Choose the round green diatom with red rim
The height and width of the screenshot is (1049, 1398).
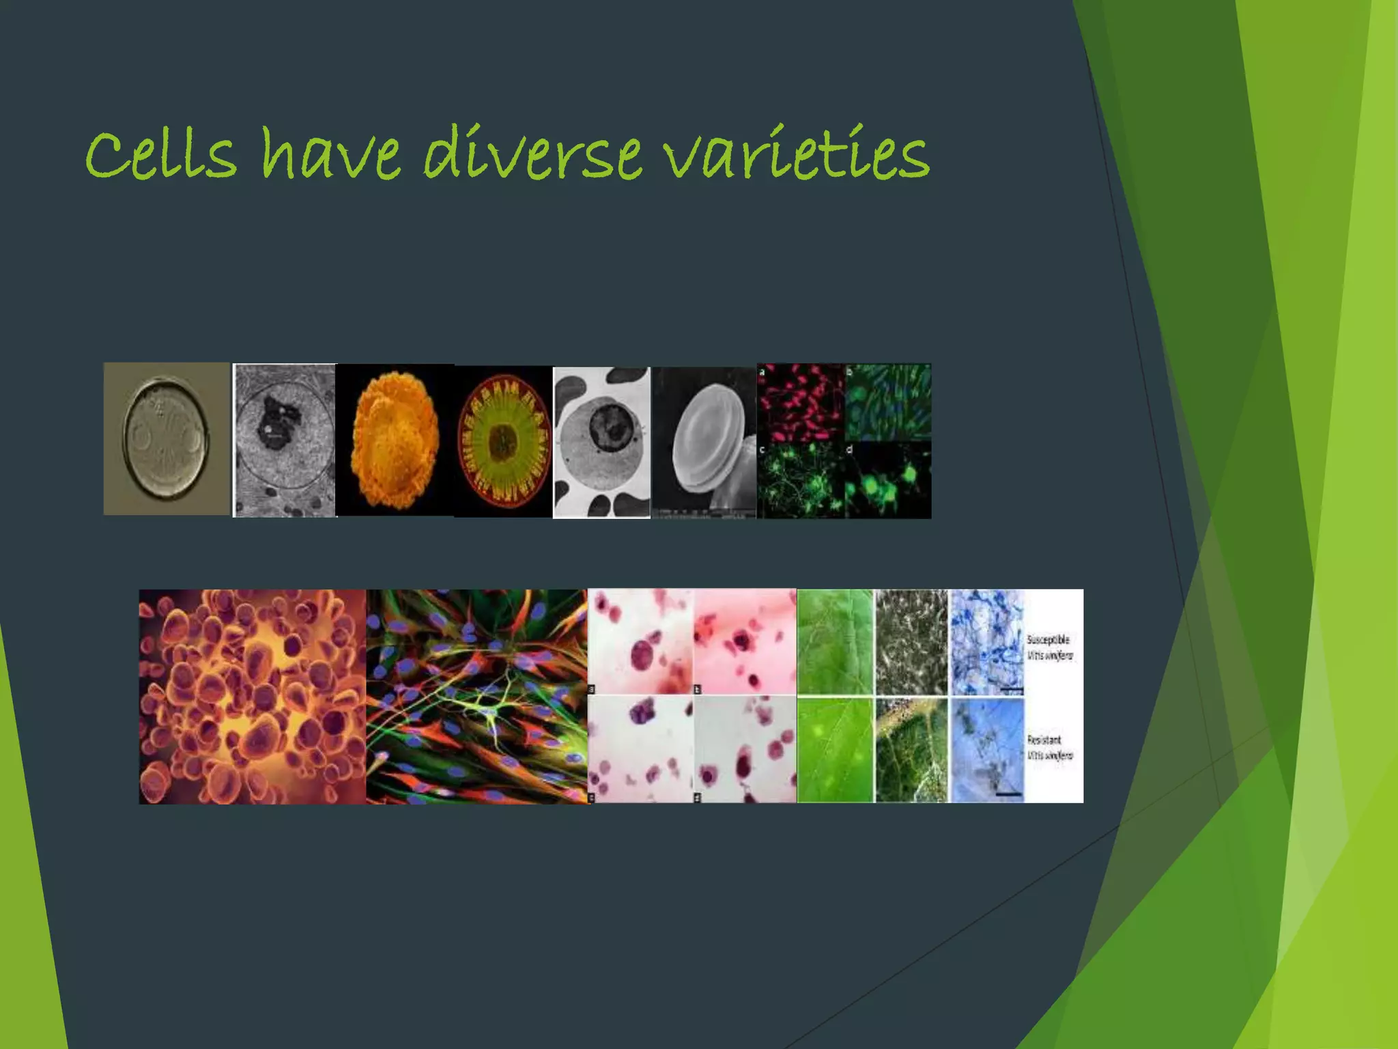click(504, 440)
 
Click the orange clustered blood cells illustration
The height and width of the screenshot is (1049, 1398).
click(253, 697)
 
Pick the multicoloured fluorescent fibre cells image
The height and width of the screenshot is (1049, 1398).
click(476, 697)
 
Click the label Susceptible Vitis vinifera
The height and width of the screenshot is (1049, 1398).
click(1050, 647)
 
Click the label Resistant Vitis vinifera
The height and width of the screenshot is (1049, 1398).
click(1050, 747)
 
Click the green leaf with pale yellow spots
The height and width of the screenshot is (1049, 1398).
click(835, 750)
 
